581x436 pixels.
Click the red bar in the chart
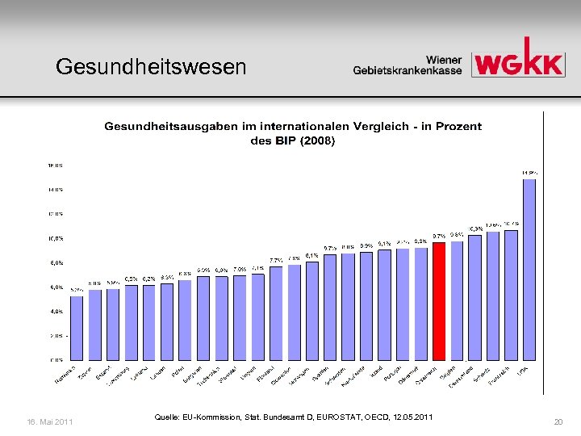[439, 300]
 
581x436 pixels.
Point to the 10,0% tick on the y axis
[54, 238]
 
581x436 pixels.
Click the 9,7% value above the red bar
[439, 236]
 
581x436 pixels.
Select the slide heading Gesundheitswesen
[151, 66]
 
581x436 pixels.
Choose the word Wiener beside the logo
[444, 59]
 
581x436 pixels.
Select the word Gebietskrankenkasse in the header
[408, 71]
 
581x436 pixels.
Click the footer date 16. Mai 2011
[51, 421]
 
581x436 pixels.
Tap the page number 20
[558, 421]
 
